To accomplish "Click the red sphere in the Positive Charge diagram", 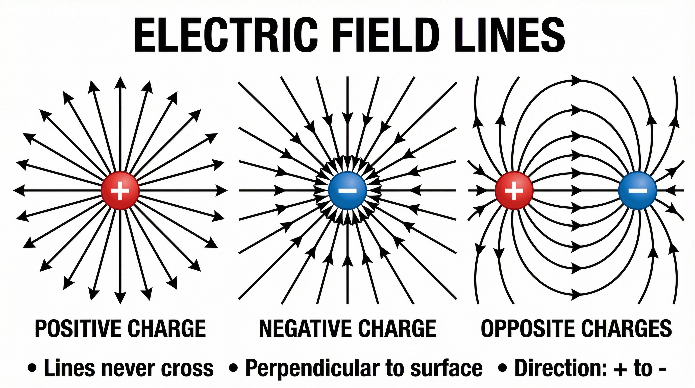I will [x=120, y=190].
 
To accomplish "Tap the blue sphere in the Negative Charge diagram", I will [x=347, y=190].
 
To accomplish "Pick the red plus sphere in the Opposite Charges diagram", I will [x=514, y=190].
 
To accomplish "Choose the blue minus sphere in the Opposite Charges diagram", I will [x=637, y=190].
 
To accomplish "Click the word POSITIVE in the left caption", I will [x=79, y=328].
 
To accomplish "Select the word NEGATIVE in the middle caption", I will [x=305, y=328].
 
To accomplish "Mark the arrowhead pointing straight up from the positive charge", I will [x=120, y=82].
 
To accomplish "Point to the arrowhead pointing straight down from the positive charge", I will [x=120, y=298].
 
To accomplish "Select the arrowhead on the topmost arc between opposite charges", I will [x=576, y=79].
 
